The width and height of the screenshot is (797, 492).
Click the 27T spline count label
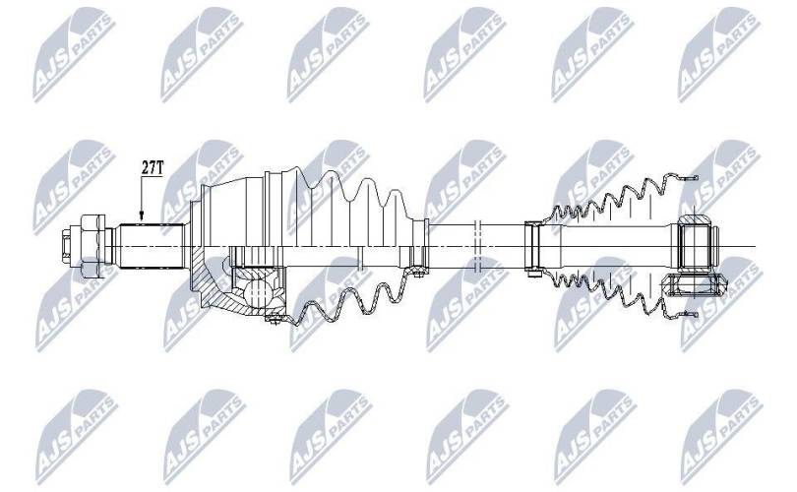152,168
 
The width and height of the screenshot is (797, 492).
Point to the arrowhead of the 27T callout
142,216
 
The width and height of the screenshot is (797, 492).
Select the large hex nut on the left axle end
92,246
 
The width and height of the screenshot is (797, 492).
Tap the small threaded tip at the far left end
67,246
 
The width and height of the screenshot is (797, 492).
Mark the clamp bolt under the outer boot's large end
275,319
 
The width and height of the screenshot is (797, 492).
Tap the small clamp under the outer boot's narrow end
418,274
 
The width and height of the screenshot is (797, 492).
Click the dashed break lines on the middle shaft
476,246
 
